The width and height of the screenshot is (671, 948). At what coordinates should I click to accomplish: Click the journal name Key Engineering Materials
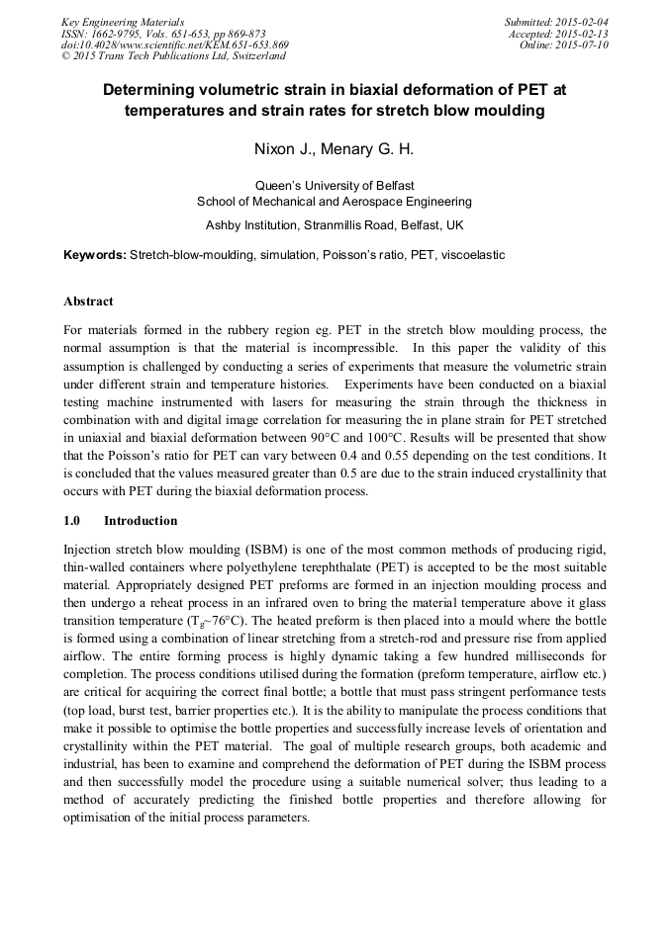click(122, 22)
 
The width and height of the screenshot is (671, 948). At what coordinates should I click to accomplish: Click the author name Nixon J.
click(282, 150)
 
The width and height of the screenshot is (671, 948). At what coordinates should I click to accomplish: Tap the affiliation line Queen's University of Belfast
click(335, 185)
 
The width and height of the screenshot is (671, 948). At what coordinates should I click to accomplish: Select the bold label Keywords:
click(95, 255)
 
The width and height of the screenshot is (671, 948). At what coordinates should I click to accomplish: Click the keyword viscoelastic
click(472, 255)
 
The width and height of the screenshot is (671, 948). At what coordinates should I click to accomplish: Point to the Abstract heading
click(88, 301)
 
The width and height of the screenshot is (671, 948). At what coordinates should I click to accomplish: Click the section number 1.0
click(73, 521)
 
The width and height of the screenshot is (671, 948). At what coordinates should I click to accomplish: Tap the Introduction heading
click(141, 521)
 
